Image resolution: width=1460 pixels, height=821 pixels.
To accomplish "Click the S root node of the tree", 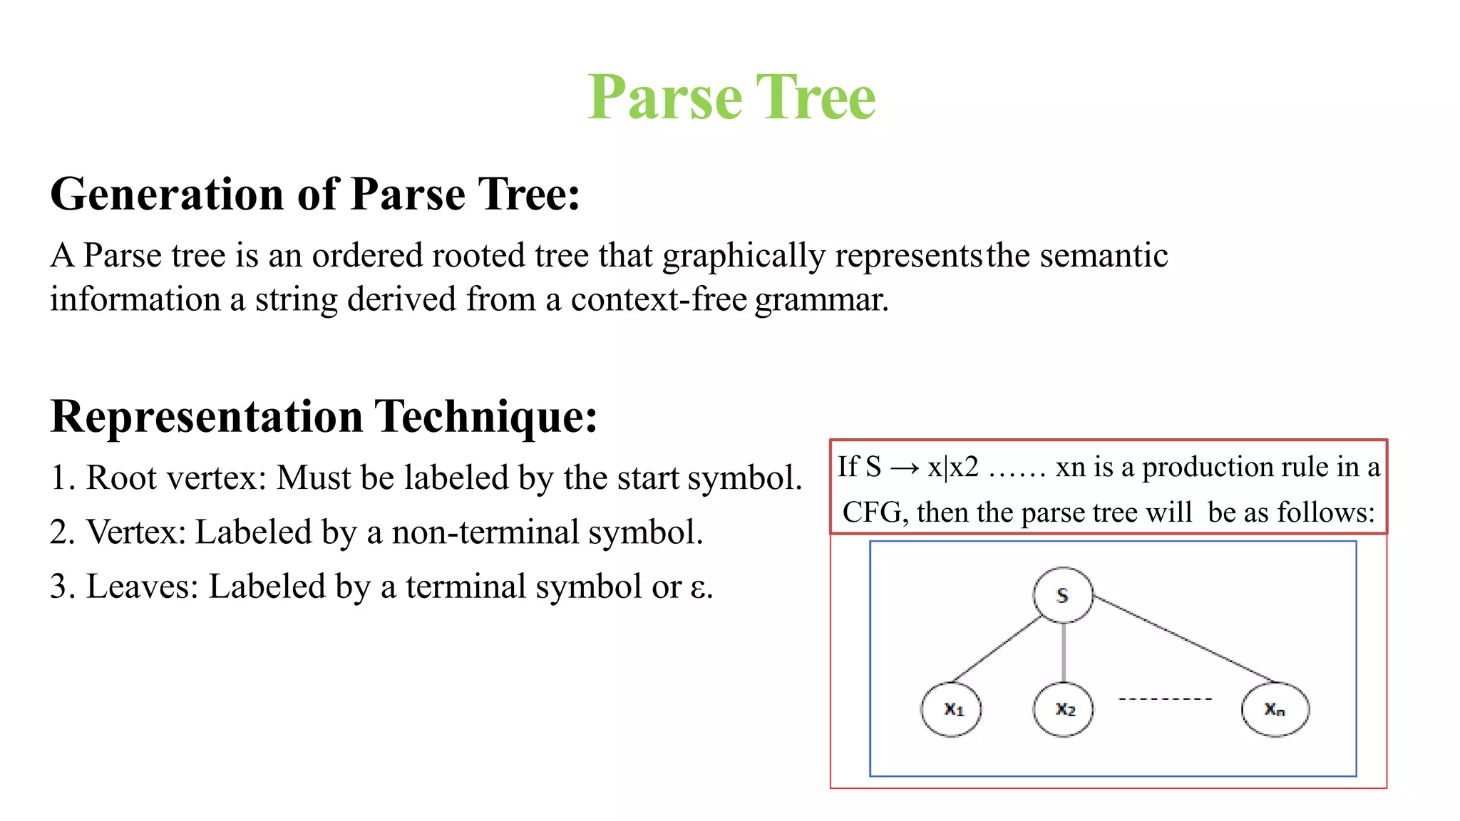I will click(1062, 595).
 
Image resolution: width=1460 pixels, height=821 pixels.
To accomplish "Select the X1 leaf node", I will click(952, 709).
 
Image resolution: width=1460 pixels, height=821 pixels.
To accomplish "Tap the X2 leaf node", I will click(1064, 709).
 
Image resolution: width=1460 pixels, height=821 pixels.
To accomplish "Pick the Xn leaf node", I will click(1275, 709).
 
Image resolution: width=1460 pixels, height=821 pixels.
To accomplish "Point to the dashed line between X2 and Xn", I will click(1165, 699).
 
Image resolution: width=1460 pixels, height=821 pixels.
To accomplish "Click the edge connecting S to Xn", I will click(1183, 639).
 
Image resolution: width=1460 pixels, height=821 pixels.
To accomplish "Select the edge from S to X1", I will click(998, 649).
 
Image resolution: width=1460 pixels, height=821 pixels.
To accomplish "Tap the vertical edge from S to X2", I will click(1064, 652).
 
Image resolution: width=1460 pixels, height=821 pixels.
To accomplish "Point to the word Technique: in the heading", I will click(486, 416).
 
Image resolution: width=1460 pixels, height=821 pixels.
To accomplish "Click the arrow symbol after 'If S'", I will click(905, 468).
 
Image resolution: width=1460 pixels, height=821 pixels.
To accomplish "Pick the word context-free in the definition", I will click(658, 299).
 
